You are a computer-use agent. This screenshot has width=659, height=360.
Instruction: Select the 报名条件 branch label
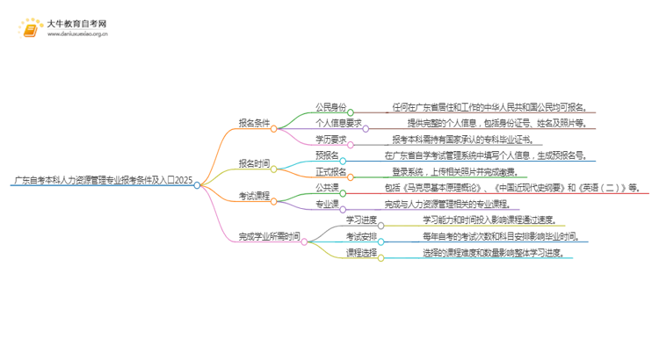254,124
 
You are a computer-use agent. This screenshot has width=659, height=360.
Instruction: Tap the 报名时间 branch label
254,163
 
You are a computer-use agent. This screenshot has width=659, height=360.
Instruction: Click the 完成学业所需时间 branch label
269,236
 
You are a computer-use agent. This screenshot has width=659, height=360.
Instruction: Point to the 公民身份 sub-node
330,108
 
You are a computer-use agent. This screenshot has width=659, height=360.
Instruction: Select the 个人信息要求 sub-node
338,124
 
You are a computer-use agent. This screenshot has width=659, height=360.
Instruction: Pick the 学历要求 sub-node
330,140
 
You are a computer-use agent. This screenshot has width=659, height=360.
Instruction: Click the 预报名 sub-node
327,155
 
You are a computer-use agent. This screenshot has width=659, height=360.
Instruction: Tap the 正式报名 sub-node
330,171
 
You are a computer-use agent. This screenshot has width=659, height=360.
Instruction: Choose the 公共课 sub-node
327,187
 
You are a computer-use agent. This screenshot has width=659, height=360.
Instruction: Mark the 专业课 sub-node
327,203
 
